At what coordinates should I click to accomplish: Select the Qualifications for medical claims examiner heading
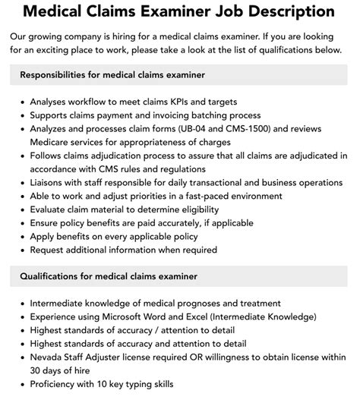[109, 276]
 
